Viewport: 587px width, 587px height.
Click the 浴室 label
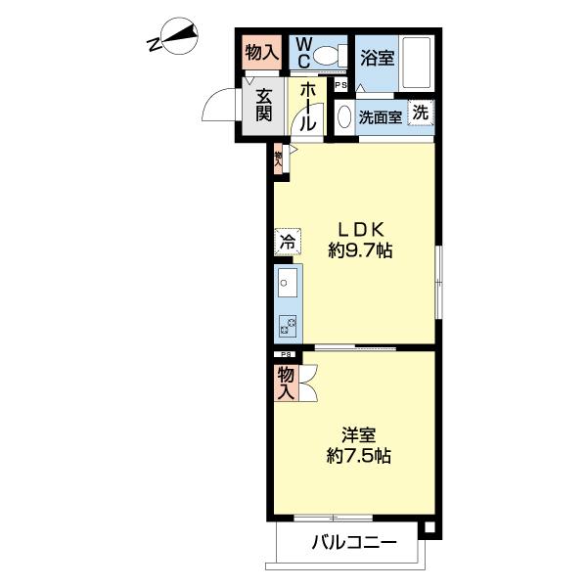click(x=377, y=57)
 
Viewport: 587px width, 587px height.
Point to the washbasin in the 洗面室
click(x=342, y=116)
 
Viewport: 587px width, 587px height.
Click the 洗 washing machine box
click(x=420, y=112)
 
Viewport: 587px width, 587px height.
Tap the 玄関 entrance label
click(x=264, y=105)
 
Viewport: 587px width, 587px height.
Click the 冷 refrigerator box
click(x=288, y=239)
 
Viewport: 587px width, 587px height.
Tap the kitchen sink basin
click(x=288, y=285)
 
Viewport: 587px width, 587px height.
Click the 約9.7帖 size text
click(x=361, y=251)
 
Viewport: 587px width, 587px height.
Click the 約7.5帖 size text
click(x=359, y=455)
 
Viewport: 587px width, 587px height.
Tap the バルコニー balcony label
click(x=354, y=542)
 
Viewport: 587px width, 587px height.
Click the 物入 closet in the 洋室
click(x=286, y=383)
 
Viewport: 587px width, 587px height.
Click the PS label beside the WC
click(x=340, y=85)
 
